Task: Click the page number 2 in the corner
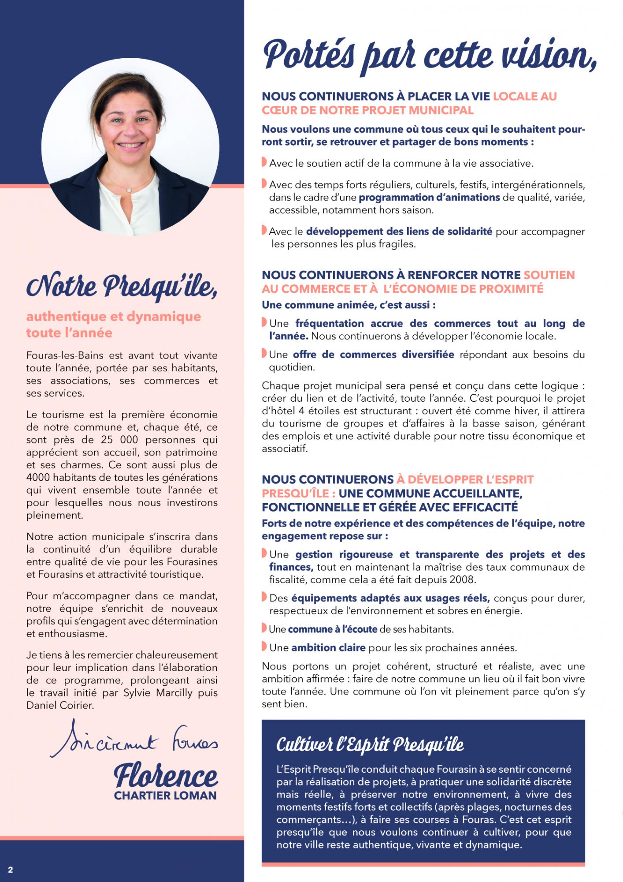pyautogui.click(x=11, y=870)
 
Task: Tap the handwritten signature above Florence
pyautogui.click(x=134, y=743)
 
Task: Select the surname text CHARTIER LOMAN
pyautogui.click(x=165, y=796)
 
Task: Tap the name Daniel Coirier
pyautogui.click(x=60, y=705)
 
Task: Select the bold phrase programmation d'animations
pyautogui.click(x=429, y=197)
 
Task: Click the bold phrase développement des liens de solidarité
pyautogui.click(x=399, y=232)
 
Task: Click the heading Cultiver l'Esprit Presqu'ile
pyautogui.click(x=370, y=745)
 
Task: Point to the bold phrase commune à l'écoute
pyautogui.click(x=334, y=629)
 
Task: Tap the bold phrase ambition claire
pyautogui.click(x=328, y=648)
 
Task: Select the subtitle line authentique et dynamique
pyautogui.click(x=114, y=316)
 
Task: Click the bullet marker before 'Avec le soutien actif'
pyautogui.click(x=264, y=162)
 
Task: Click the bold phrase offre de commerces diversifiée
pyautogui.click(x=373, y=355)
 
